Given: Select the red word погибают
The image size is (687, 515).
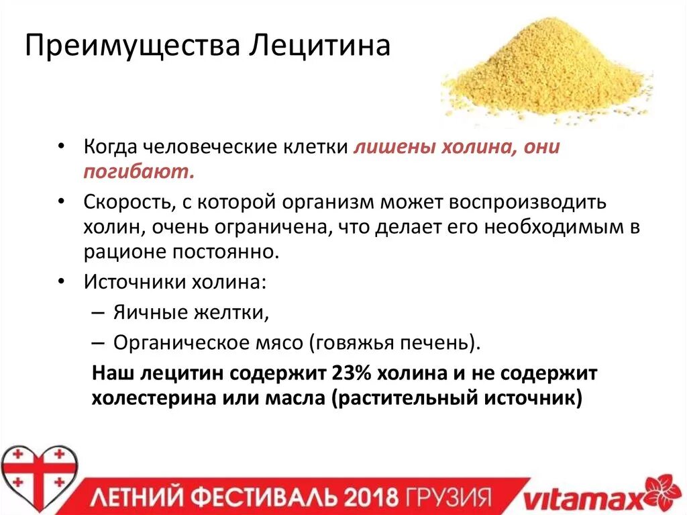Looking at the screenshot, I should coord(139,172).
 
